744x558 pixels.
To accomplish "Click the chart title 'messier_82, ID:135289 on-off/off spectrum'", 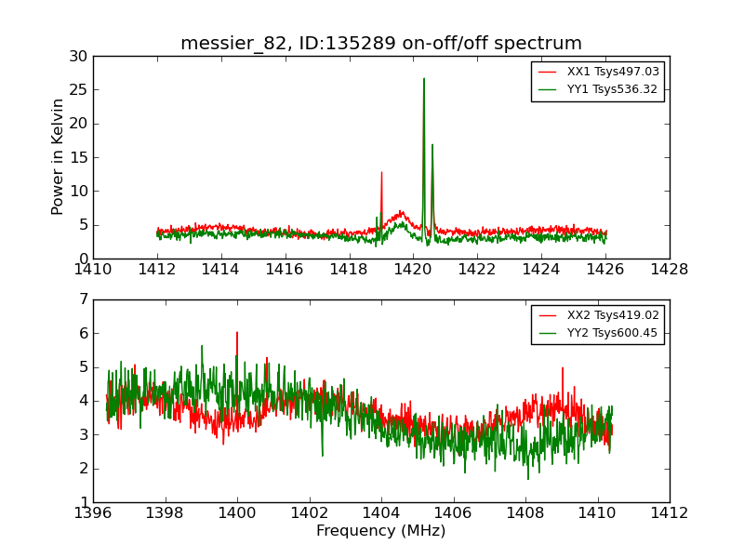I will point(381,44).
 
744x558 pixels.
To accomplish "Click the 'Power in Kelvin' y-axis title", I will point(59,156).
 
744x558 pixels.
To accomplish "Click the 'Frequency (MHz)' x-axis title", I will point(381,531).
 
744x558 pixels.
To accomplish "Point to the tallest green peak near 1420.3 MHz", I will point(424,78).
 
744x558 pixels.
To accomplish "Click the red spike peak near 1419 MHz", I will point(381,172).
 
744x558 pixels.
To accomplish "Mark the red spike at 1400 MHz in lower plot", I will point(237,332).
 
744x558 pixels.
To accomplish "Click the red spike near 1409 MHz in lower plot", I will point(562,367).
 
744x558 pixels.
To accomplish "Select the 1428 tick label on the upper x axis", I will point(669,270).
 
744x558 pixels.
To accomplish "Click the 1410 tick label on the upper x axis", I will point(93,270).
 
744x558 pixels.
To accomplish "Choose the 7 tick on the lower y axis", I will point(83,299).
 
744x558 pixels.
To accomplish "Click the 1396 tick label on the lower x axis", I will point(93,513).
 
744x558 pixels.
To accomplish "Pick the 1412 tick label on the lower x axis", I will point(669,513).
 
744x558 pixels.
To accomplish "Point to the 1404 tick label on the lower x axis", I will point(381,513).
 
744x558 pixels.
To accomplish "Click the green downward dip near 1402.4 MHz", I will point(323,455).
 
